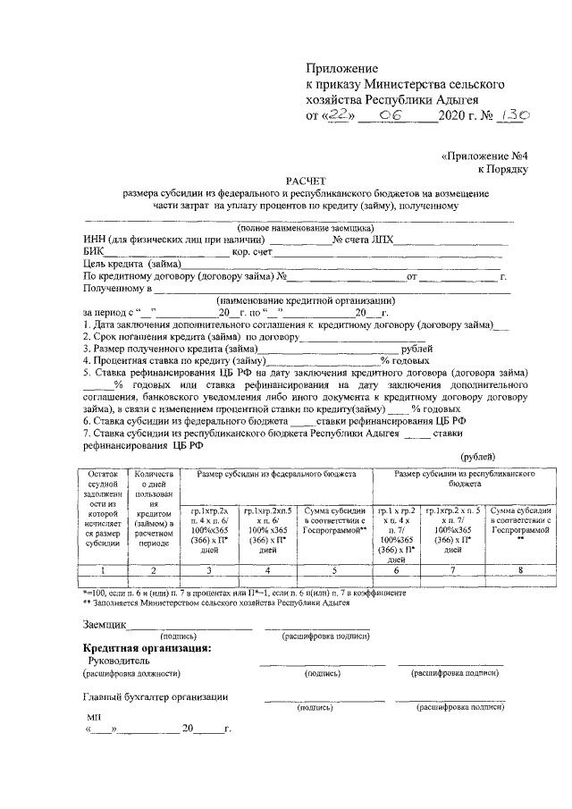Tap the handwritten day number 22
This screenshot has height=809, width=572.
click(x=337, y=114)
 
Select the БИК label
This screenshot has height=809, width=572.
click(x=94, y=252)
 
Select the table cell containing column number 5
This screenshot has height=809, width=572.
click(x=335, y=569)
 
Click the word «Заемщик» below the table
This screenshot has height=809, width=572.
click(x=104, y=624)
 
